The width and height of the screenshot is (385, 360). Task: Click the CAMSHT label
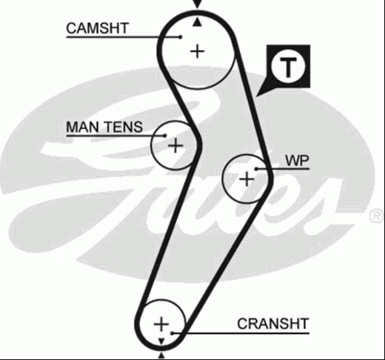tap(98, 28)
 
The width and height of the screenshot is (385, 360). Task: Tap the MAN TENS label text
tap(104, 127)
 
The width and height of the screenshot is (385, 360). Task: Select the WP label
tap(297, 161)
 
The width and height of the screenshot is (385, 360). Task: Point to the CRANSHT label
tap(273, 324)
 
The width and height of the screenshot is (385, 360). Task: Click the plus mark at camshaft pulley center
tap(198, 52)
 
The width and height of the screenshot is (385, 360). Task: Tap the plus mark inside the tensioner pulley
tap(175, 145)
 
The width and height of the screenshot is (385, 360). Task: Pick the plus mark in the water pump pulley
tap(247, 179)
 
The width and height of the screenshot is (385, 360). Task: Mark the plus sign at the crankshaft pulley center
tap(161, 324)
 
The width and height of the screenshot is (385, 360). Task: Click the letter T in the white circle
tap(288, 67)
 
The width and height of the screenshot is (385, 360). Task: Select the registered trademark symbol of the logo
tap(377, 216)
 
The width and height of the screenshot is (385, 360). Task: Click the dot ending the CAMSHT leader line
tap(181, 37)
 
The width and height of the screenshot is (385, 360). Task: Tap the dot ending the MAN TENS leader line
tap(165, 136)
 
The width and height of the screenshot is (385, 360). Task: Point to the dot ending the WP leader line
tap(256, 169)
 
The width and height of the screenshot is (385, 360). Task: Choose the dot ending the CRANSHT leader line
tap(173, 333)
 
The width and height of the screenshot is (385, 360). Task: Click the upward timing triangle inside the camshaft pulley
tap(197, 23)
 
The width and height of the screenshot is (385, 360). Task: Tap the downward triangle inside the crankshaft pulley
tap(161, 341)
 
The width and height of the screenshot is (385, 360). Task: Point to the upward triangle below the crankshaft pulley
tap(161, 356)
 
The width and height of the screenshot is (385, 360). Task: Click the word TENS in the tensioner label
tap(124, 127)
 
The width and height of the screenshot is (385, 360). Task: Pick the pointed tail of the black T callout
tap(257, 96)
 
